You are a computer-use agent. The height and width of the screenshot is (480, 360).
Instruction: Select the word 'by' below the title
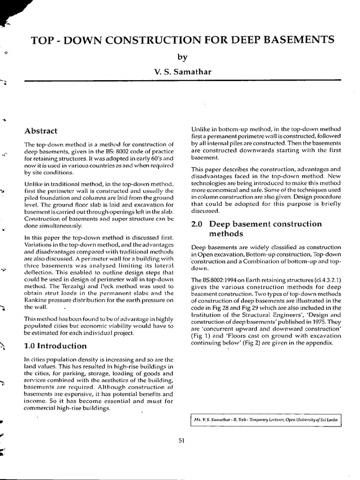click(x=182, y=57)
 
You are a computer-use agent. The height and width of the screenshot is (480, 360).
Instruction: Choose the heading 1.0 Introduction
click(x=55, y=346)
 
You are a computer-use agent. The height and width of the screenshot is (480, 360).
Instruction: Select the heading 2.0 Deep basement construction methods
click(x=257, y=228)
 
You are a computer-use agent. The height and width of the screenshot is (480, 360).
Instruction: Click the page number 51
click(x=182, y=439)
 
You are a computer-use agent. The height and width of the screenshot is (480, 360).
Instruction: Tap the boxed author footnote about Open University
click(x=266, y=420)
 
